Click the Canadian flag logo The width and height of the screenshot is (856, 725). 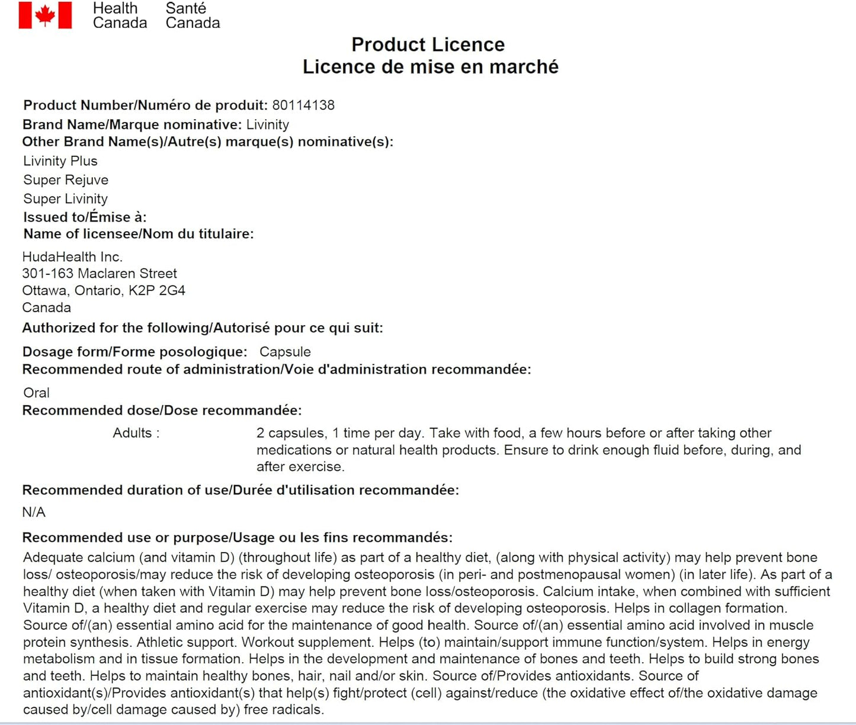pyautogui.click(x=45, y=15)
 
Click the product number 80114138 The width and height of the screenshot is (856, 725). pyautogui.click(x=303, y=105)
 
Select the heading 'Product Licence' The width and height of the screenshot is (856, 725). pyautogui.click(x=428, y=44)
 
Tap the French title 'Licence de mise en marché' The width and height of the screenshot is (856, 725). pyautogui.click(x=430, y=67)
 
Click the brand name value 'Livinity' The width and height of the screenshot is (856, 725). pyautogui.click(x=268, y=124)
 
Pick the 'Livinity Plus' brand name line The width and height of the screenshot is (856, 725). pyautogui.click(x=60, y=161)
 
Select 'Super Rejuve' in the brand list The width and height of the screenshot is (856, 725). pyautogui.click(x=66, y=180)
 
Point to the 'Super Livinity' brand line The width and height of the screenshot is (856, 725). pyautogui.click(x=66, y=199)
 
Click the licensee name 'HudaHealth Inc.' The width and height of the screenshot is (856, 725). pyautogui.click(x=72, y=257)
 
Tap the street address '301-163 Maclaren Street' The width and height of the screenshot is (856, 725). pyautogui.click(x=100, y=274)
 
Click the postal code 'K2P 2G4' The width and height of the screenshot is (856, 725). pyautogui.click(x=157, y=291)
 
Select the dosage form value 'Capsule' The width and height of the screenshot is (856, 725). pyautogui.click(x=285, y=352)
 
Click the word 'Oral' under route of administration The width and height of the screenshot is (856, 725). pyautogui.click(x=36, y=393)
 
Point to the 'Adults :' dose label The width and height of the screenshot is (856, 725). pyautogui.click(x=136, y=433)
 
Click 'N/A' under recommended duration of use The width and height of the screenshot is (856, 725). pyautogui.click(x=34, y=512)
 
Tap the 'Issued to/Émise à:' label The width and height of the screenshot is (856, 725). pyautogui.click(x=85, y=217)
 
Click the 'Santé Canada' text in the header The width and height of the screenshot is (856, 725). pyautogui.click(x=193, y=15)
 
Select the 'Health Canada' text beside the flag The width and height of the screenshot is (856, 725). pyautogui.click(x=120, y=15)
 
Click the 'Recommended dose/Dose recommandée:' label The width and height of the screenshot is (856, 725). pyautogui.click(x=162, y=410)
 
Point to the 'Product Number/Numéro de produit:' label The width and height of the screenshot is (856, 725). pyautogui.click(x=145, y=105)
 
